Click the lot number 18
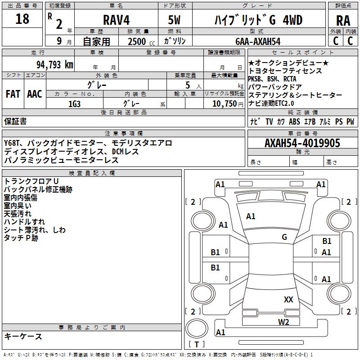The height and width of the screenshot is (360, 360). pos(22,19)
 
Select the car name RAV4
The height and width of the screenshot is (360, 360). pos(116,20)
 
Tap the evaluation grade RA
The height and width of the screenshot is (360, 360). pos(343,20)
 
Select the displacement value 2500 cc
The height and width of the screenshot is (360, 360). pos(138,41)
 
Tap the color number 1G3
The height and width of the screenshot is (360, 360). pos(75,103)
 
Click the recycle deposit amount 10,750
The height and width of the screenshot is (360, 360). pos(224,103)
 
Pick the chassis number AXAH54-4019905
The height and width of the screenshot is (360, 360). pos(302,144)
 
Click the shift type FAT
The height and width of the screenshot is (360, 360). pos(13,94)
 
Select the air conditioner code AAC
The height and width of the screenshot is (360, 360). pos(35,94)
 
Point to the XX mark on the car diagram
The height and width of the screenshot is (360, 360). pos(288,299)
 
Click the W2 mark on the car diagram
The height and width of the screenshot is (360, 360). pos(283,322)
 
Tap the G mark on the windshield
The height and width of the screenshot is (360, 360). pos(284,237)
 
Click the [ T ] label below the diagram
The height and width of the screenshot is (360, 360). pos(197,345)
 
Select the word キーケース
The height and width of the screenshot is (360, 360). pos(23,336)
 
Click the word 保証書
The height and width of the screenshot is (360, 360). pos(15,121)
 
